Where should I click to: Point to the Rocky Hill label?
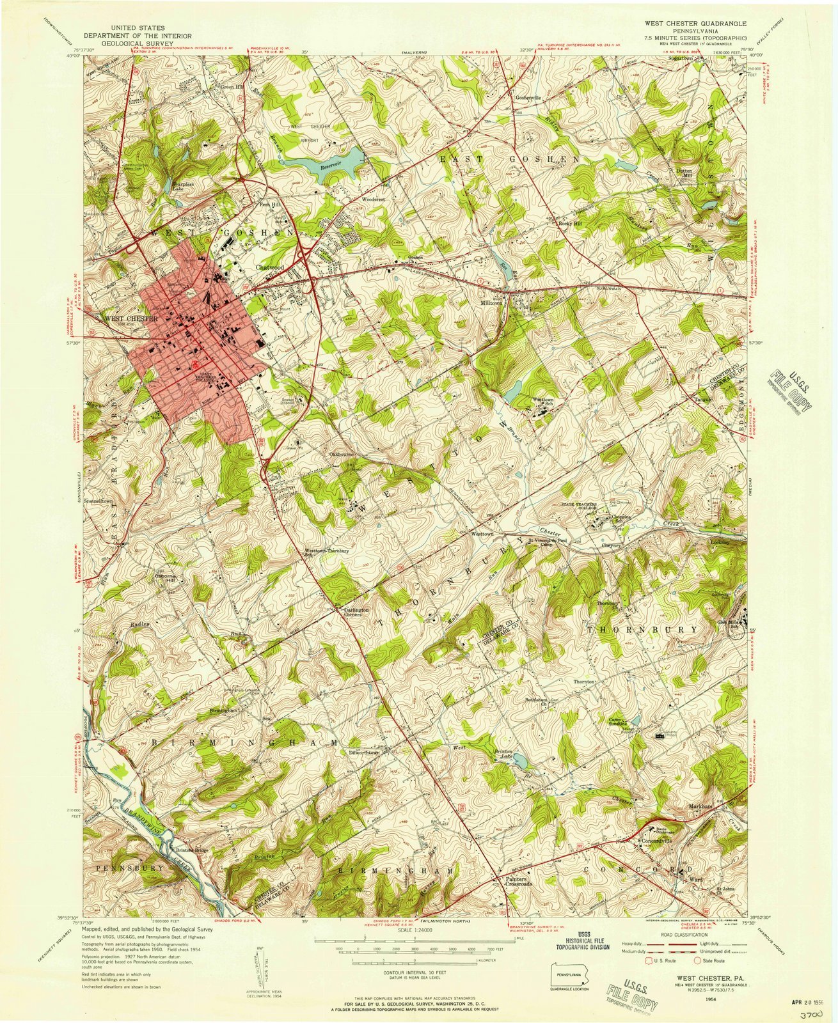[570, 224]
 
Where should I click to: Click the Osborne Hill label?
[166, 577]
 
